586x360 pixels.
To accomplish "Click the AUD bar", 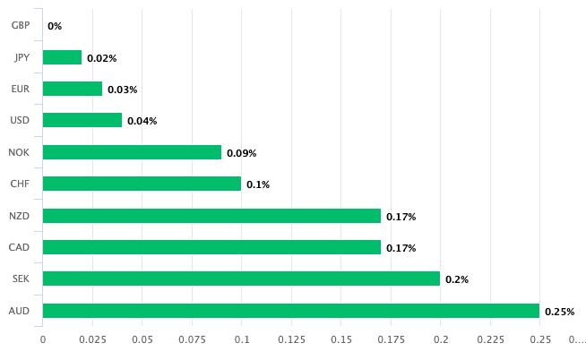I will click(291, 311).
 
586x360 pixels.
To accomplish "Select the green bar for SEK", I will click(241, 279).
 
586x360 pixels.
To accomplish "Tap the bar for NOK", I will click(132, 152).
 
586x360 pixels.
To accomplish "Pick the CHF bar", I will click(142, 184).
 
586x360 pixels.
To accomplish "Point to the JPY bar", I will click(62, 57).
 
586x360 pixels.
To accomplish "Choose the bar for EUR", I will click(72, 89).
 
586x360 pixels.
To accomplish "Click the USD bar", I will click(82, 120).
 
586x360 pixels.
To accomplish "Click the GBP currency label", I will click(22, 25).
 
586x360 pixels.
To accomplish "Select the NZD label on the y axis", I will click(20, 215).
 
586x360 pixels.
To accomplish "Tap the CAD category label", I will click(20, 246).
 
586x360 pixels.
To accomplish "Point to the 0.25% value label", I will click(559, 312).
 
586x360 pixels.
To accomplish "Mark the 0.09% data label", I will click(241, 153).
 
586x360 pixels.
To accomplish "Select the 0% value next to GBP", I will click(55, 27).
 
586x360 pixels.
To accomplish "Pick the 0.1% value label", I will click(258, 184).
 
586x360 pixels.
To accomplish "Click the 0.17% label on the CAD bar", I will click(401, 248).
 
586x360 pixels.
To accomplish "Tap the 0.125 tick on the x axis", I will click(291, 340).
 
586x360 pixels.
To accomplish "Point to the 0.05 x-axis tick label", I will click(142, 340).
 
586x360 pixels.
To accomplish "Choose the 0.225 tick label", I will click(490, 340).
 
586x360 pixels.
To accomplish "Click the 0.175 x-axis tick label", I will click(391, 340).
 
